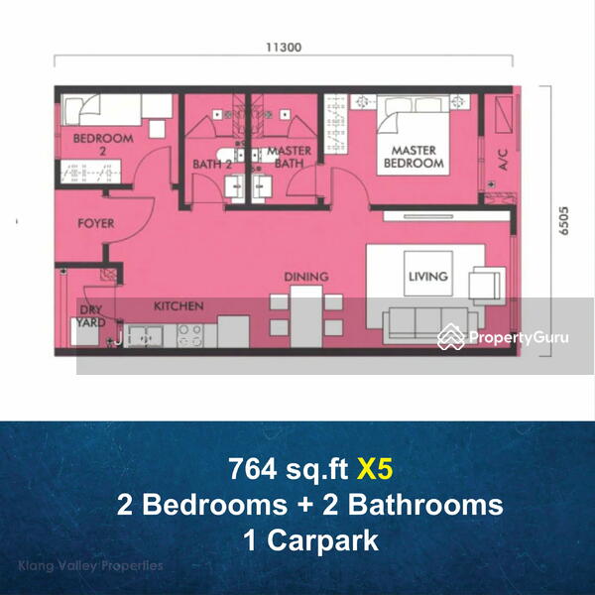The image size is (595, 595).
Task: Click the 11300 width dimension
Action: (x=284, y=47)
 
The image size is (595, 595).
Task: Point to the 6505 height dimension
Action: (x=564, y=220)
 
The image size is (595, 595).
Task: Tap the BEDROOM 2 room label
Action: (x=103, y=144)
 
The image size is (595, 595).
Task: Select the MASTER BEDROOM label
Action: (x=414, y=157)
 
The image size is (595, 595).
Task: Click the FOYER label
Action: (x=95, y=223)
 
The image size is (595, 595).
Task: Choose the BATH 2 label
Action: (x=212, y=165)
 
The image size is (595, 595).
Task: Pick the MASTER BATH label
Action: (x=290, y=157)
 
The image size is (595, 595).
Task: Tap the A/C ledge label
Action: (x=503, y=160)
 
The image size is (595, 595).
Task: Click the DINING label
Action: (x=306, y=277)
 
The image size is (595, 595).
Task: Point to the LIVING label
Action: (x=428, y=276)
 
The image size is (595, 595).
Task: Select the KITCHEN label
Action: (x=178, y=305)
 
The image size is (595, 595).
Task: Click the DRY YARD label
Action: (x=91, y=316)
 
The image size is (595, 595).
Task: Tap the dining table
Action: (x=306, y=316)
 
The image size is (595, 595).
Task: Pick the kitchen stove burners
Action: (x=190, y=335)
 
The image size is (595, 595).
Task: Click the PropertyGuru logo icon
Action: (x=450, y=336)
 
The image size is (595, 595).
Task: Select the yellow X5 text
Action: (x=375, y=469)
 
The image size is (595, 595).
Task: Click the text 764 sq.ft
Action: (x=289, y=470)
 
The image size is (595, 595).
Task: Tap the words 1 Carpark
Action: (x=310, y=540)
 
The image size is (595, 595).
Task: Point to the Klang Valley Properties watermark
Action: (x=90, y=566)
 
